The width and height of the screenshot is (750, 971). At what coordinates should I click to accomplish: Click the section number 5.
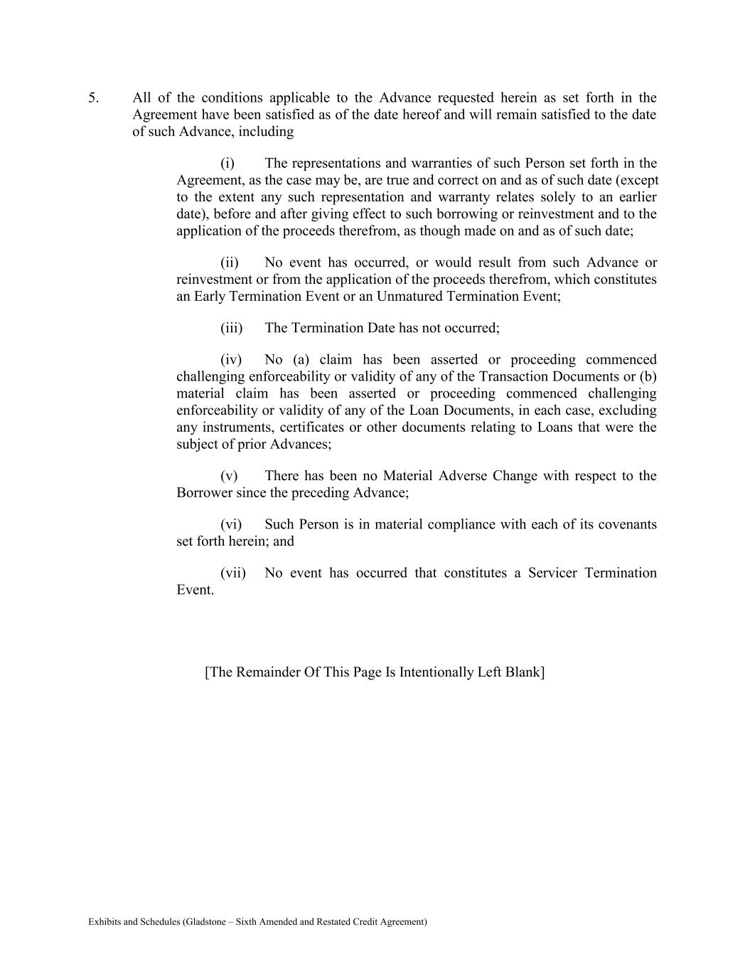[93, 98]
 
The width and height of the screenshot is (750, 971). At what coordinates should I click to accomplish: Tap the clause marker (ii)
[230, 263]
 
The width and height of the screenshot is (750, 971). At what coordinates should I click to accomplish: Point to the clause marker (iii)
[232, 328]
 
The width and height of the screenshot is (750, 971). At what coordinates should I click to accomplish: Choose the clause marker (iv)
[231, 360]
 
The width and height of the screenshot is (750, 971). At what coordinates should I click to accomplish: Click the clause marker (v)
[229, 476]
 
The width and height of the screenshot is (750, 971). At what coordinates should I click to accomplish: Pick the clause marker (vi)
[231, 525]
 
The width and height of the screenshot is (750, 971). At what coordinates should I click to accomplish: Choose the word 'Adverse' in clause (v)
[464, 476]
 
